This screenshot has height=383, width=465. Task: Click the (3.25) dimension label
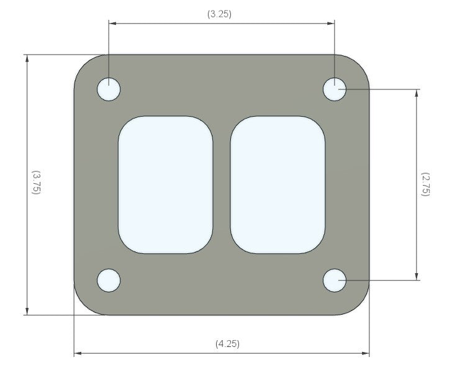tap(219, 14)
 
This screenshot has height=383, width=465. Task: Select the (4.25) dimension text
tap(227, 343)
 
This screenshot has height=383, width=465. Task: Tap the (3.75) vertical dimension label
tap(36, 182)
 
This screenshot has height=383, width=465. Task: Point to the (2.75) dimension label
tap(425, 184)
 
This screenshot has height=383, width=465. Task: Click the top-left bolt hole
tap(109, 89)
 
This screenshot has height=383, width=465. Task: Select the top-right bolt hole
tap(335, 89)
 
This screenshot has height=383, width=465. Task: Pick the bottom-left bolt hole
tap(109, 281)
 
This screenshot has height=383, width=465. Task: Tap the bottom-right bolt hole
tap(335, 281)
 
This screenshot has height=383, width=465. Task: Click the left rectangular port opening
tap(165, 185)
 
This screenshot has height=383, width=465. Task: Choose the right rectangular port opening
tap(278, 185)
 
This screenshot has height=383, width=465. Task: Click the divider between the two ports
tap(222, 185)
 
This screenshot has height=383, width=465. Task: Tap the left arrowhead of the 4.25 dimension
tap(78, 354)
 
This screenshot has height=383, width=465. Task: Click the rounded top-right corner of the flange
tap(359, 65)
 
